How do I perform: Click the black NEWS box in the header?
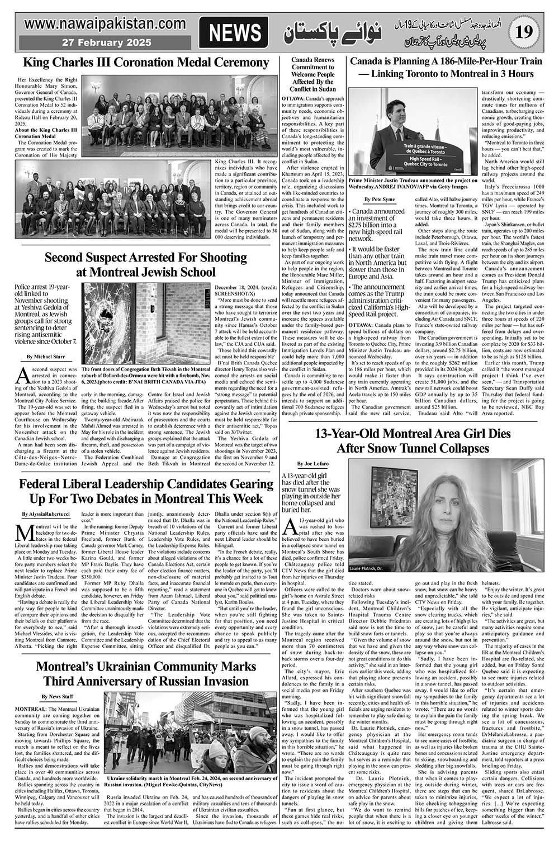[235, 33]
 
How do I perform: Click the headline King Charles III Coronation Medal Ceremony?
[145, 62]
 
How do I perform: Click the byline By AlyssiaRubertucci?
[46, 514]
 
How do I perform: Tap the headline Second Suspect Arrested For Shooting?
[145, 264]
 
